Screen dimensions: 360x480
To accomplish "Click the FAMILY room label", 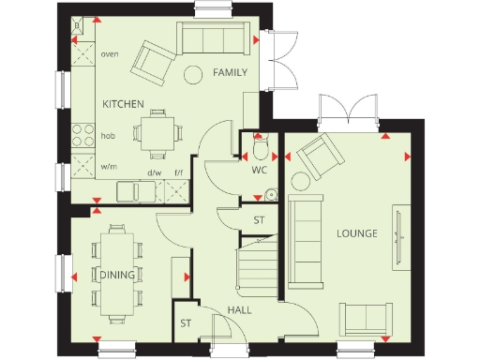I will (x=230, y=72).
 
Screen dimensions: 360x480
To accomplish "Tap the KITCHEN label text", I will (x=122, y=104).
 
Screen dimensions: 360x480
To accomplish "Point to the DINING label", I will (x=115, y=274).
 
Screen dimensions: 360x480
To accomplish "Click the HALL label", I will (x=238, y=309).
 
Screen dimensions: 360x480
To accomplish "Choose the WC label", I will (x=259, y=171).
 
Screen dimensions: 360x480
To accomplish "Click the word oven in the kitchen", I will (x=110, y=54).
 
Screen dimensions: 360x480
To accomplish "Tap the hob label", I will (x=108, y=135).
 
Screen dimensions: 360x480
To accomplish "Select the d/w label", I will (x=155, y=172).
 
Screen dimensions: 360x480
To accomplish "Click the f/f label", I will (x=178, y=172).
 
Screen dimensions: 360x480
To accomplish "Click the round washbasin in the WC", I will (x=270, y=194).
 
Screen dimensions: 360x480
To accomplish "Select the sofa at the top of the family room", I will (x=217, y=38).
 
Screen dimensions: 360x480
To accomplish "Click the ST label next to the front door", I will (x=186, y=322).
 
